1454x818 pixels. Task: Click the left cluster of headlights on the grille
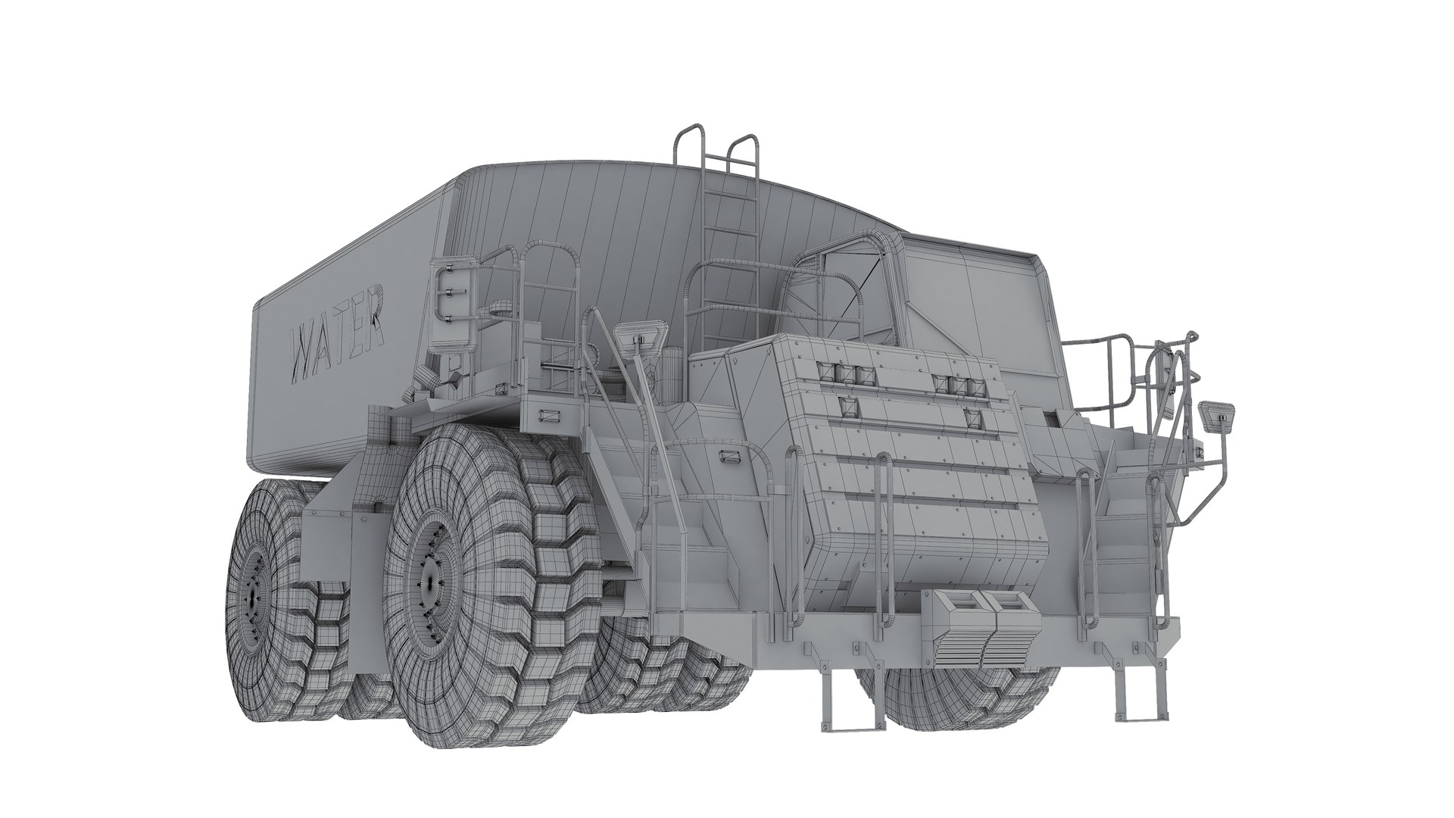[847, 373]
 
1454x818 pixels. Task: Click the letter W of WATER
[305, 355]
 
